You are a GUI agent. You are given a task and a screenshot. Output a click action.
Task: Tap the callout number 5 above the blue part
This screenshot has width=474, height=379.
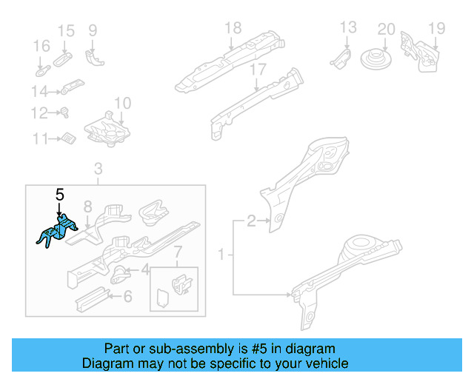click(60, 195)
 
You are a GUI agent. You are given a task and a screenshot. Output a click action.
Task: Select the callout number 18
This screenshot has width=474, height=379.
click(233, 29)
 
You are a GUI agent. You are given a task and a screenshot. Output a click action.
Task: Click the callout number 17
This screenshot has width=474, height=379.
click(257, 70)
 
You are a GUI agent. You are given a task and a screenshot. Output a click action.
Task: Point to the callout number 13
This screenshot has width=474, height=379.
click(348, 29)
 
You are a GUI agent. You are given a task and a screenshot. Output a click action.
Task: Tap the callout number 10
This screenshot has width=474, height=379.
click(122, 103)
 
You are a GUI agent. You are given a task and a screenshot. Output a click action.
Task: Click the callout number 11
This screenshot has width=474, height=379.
click(40, 138)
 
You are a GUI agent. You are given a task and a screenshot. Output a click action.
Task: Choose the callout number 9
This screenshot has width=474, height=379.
click(93, 30)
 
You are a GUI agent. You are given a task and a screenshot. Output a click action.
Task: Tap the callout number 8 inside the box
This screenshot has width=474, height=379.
click(87, 207)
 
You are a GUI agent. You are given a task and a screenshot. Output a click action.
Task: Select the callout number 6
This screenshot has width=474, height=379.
click(127, 297)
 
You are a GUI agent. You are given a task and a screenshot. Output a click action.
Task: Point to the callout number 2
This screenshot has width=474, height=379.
click(252, 220)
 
